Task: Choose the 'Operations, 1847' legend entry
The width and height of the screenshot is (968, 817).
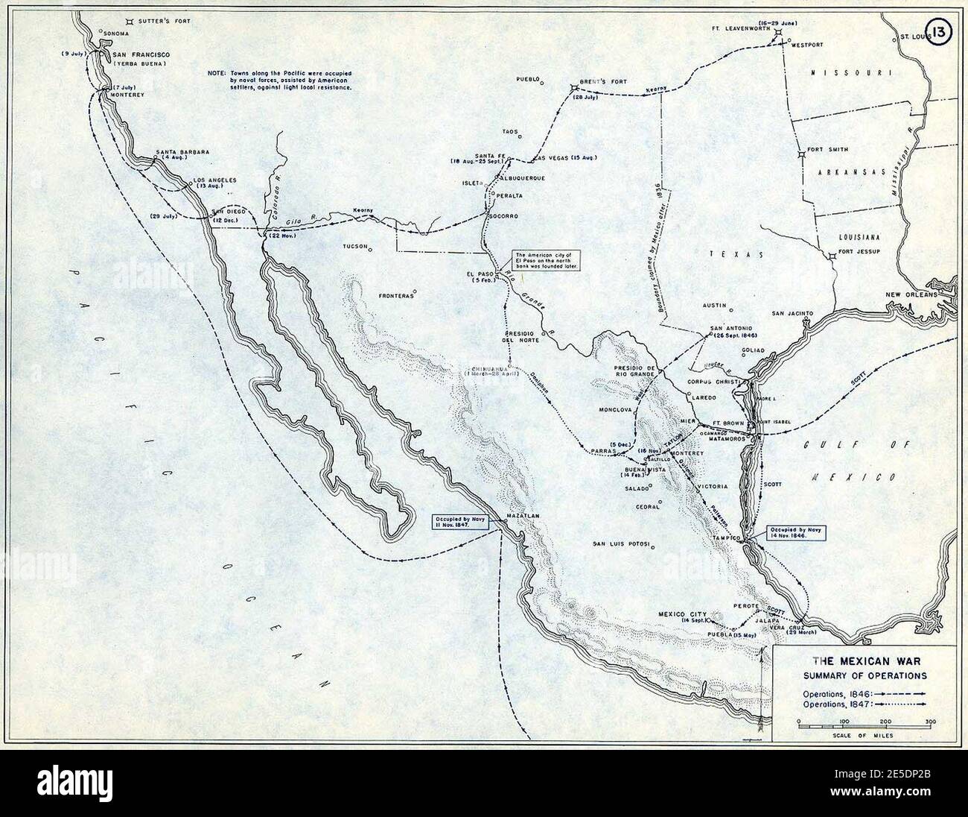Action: point(864,704)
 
